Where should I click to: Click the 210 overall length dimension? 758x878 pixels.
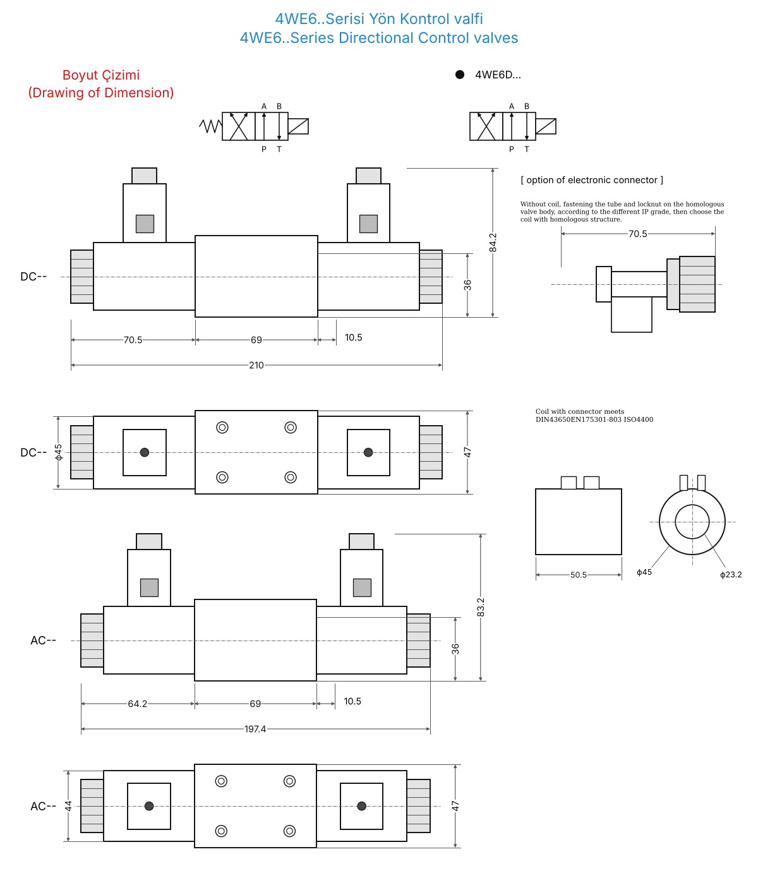click(x=256, y=365)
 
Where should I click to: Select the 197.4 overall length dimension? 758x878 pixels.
click(x=255, y=729)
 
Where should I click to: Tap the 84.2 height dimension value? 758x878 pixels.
click(x=493, y=243)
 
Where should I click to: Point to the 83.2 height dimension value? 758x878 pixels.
click(x=481, y=608)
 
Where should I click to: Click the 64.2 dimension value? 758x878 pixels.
click(x=138, y=704)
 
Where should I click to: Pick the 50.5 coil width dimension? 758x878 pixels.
click(x=578, y=575)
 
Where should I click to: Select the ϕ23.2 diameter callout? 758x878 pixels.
click(x=731, y=575)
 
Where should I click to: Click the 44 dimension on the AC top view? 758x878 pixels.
click(x=68, y=806)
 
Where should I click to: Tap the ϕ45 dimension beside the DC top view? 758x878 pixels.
click(x=58, y=452)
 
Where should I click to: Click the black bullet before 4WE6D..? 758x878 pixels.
click(x=460, y=75)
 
